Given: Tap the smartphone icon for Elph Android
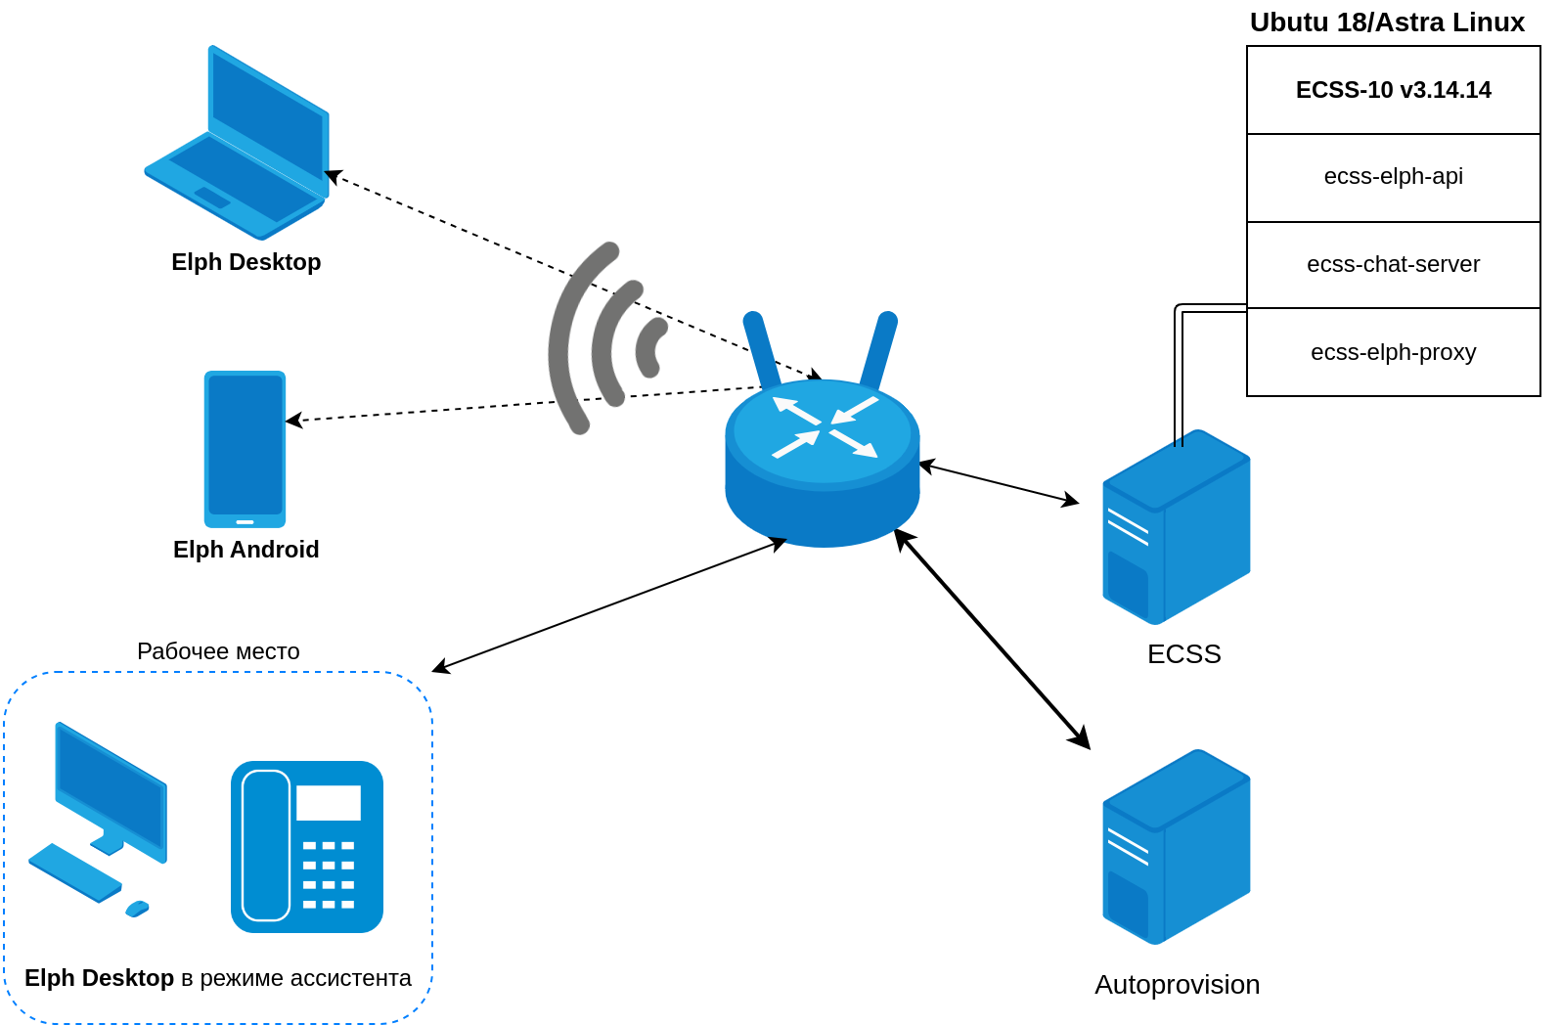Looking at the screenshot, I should (x=245, y=449).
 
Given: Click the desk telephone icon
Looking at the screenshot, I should (x=307, y=847).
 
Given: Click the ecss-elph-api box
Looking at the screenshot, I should (x=1393, y=177).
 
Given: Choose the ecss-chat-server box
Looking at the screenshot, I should (x=1393, y=264).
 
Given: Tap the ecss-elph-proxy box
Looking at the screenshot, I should (x=1393, y=352).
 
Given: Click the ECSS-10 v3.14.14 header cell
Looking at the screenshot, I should (x=1393, y=90).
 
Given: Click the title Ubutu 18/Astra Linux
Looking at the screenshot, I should (x=1387, y=22).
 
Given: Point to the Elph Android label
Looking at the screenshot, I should (x=246, y=550).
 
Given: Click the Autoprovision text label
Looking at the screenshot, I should (x=1177, y=985).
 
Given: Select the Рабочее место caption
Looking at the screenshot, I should (x=218, y=651).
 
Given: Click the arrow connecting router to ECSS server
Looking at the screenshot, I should (x=999, y=484).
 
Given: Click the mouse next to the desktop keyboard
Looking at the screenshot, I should (x=137, y=909).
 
